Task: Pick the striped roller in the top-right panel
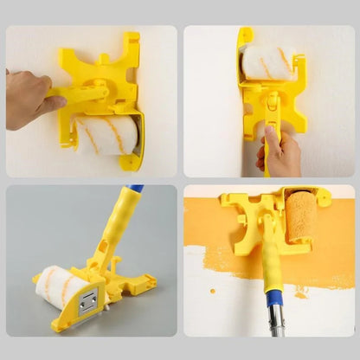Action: coord(267,62)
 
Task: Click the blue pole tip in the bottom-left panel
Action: coord(136,188)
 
